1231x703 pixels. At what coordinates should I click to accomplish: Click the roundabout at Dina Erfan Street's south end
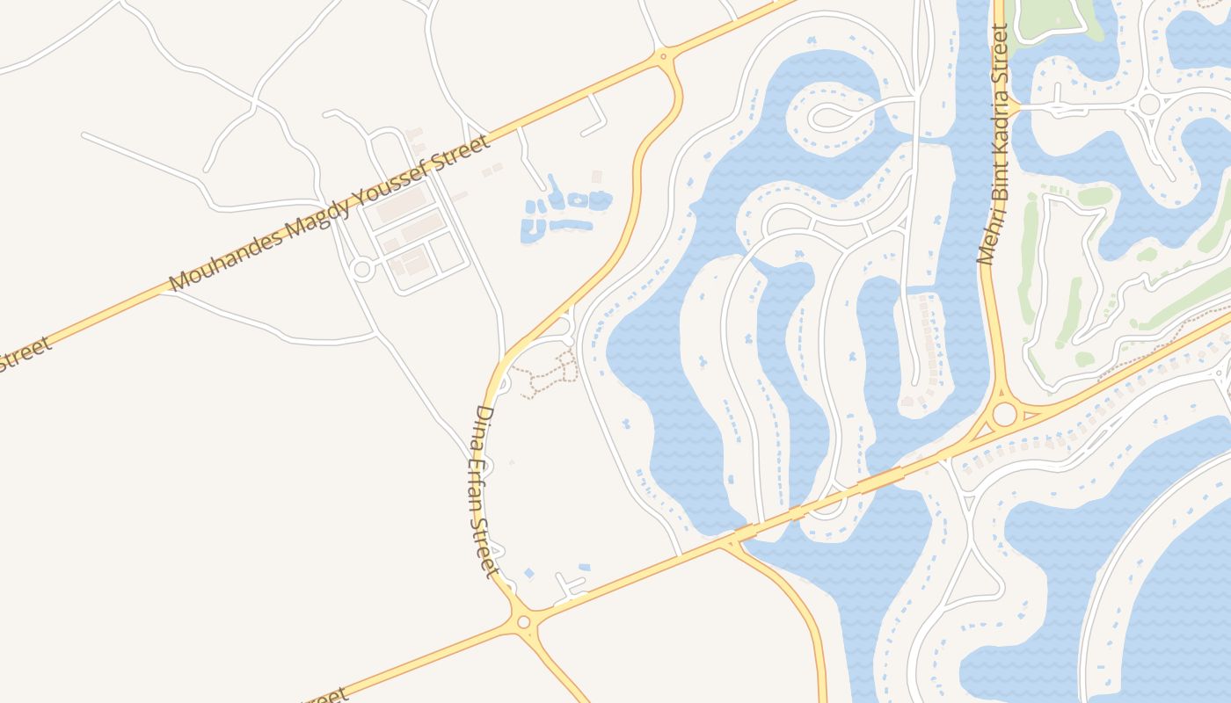pos(524,622)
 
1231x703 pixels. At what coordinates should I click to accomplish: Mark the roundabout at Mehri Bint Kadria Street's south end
pos(1003,413)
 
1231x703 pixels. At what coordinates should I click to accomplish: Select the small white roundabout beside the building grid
pos(361,269)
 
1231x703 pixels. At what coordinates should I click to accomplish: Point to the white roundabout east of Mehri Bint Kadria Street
pos(1148,104)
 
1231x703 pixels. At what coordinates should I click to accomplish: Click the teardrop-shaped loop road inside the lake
pos(831,115)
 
